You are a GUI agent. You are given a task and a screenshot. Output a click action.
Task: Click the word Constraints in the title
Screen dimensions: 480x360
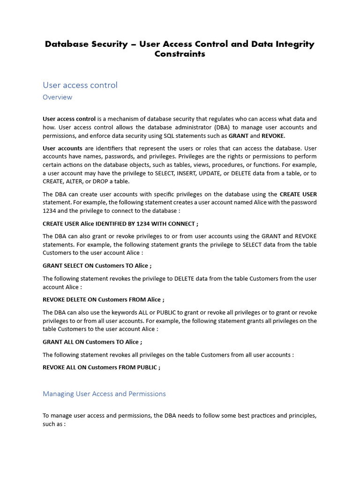tap(180, 54)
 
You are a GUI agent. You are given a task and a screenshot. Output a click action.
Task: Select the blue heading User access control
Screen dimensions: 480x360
tap(80, 85)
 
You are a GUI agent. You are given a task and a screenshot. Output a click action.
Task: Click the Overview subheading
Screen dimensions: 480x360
tap(57, 97)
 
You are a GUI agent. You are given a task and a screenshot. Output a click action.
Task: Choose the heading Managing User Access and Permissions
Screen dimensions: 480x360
tap(104, 394)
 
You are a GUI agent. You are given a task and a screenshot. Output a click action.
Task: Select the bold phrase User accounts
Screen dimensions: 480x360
tap(62, 148)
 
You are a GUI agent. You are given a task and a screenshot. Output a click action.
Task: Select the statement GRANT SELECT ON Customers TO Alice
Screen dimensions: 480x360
tap(97, 266)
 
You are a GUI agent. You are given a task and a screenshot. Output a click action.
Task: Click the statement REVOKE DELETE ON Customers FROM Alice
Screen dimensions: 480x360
tap(103, 300)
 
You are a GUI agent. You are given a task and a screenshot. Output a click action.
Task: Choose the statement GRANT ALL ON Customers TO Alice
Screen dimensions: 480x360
tap(92, 342)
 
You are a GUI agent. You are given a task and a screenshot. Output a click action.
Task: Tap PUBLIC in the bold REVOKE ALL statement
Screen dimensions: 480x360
tap(147, 367)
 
